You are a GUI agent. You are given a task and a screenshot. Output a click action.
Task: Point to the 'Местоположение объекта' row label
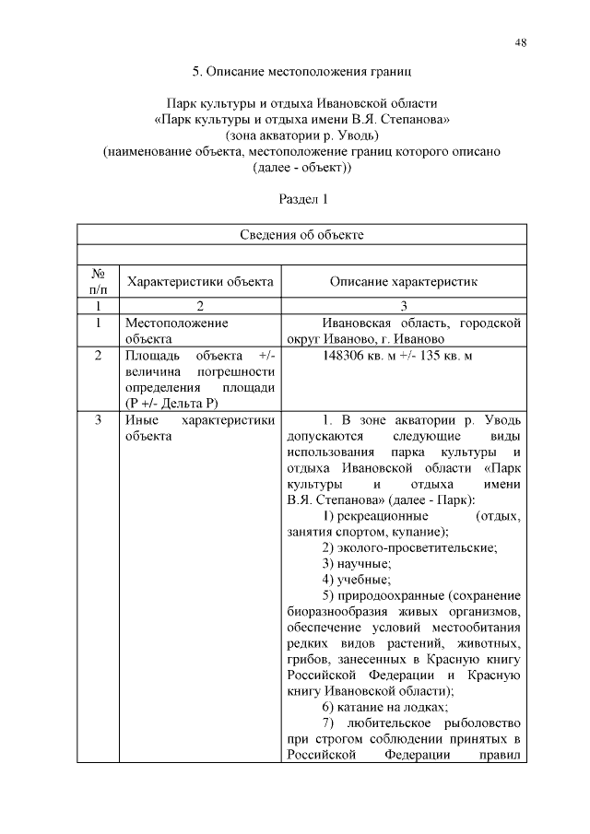tap(176, 331)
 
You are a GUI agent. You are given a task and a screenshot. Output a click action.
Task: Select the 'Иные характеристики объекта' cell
tap(199, 429)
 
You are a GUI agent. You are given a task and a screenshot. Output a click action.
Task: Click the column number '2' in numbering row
tap(199, 306)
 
